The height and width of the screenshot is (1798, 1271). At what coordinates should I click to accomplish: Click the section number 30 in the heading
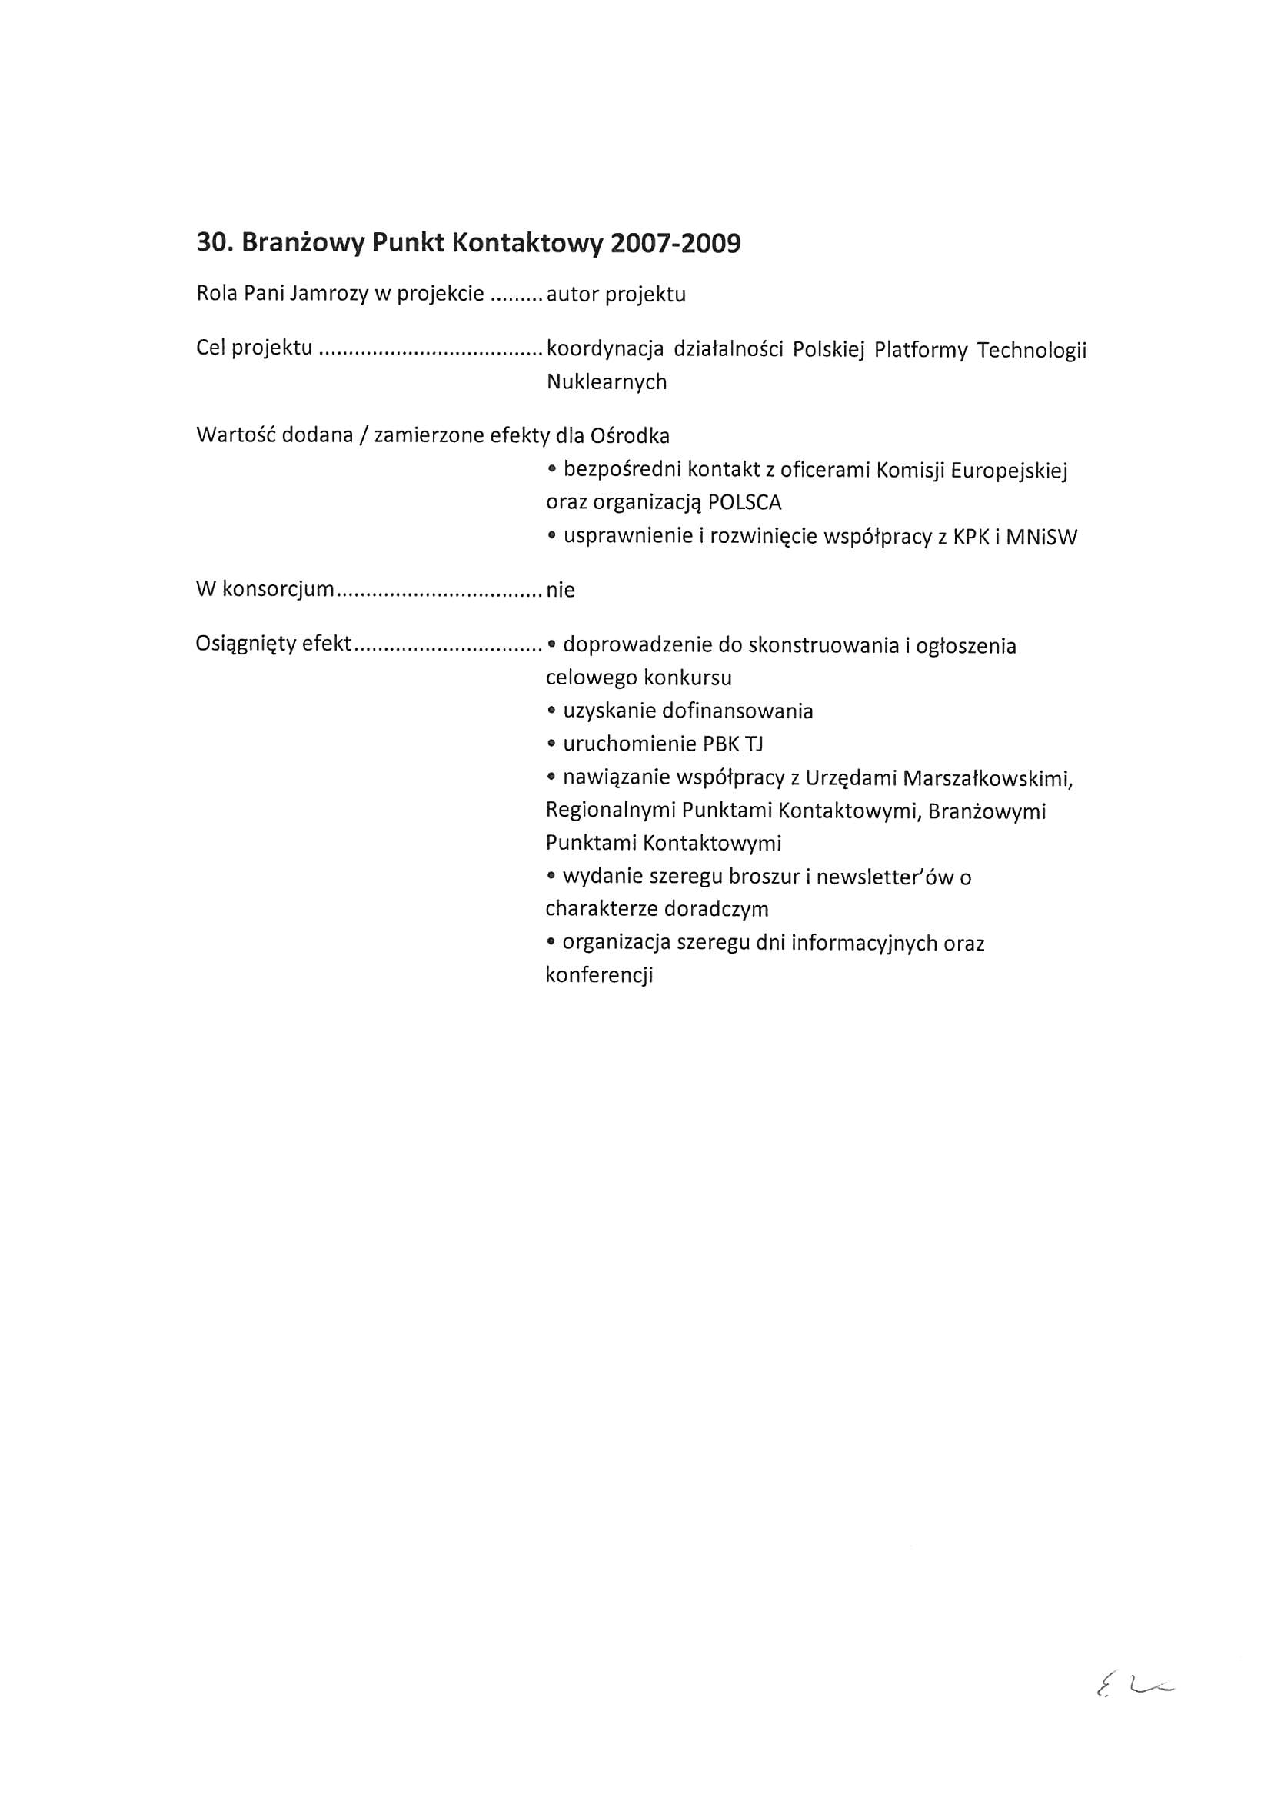(x=211, y=244)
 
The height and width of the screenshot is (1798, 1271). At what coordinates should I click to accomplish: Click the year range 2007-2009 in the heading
(x=675, y=244)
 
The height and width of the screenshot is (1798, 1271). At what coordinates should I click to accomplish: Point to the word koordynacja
(x=604, y=349)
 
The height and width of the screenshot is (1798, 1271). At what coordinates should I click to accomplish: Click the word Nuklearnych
(x=606, y=382)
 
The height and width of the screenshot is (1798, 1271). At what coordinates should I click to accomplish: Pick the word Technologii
(x=1031, y=349)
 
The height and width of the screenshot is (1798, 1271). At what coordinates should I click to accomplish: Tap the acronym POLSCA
(x=744, y=502)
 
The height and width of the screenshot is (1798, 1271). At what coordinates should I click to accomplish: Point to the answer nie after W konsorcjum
(x=560, y=591)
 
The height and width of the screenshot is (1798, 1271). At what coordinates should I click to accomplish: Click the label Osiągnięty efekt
(x=273, y=644)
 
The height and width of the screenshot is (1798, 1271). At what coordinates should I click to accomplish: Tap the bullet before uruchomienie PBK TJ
(x=552, y=744)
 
